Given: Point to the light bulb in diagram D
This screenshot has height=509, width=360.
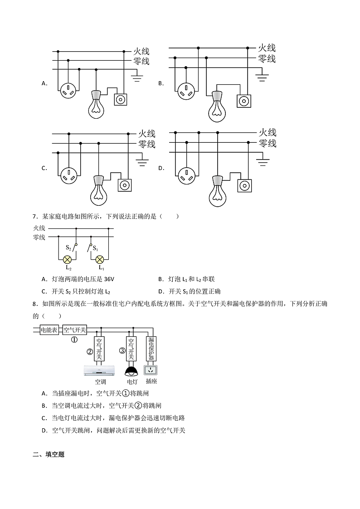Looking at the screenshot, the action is [217, 192].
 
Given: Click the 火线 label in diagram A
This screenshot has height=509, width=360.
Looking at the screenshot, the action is [141, 51].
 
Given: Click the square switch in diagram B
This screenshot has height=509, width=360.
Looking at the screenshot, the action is [244, 100].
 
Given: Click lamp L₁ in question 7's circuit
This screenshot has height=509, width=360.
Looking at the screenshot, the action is [100, 260].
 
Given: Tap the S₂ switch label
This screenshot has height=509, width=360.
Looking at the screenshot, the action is [68, 247].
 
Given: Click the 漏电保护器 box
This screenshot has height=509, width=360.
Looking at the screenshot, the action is [151, 349].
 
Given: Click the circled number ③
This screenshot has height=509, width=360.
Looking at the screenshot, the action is [122, 350].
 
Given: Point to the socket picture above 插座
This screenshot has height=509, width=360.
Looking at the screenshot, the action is [151, 370].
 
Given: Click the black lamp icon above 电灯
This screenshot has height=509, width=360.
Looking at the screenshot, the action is [131, 370].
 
